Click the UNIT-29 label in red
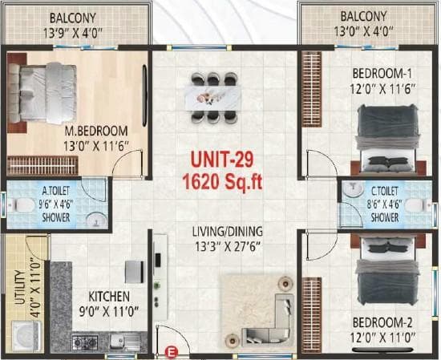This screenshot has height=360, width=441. pos(220,159)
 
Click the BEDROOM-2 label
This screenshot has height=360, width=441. pos(381,322)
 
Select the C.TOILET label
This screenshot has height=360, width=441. pos(384,192)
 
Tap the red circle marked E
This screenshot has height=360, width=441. pos(170,349)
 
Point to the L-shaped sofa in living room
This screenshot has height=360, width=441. pos(285,309)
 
